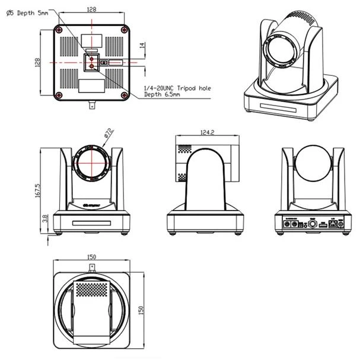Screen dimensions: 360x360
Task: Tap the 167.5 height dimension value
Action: point(38,190)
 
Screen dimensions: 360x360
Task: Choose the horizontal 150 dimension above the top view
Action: point(91,257)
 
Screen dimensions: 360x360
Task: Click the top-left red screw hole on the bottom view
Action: point(58,29)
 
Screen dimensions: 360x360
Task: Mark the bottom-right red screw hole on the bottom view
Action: point(123,95)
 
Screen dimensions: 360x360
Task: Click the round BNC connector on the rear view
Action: point(310,225)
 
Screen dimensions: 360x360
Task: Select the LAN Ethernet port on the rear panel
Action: point(334,225)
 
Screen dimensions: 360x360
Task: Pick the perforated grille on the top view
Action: point(91,289)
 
